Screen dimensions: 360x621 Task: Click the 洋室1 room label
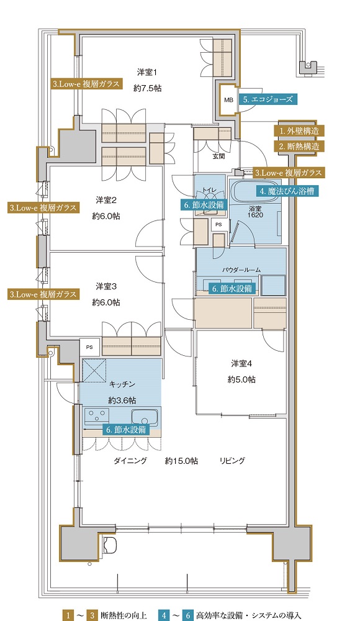click(x=147, y=72)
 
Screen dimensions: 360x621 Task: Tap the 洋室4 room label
click(x=241, y=363)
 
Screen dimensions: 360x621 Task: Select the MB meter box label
click(x=228, y=100)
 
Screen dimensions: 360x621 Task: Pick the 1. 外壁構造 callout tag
click(x=299, y=130)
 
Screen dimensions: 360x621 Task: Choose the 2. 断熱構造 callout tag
click(x=299, y=146)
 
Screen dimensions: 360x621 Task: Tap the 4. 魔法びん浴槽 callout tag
click(x=287, y=191)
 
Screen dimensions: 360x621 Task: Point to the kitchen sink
click(x=145, y=417)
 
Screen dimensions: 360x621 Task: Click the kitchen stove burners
click(x=97, y=416)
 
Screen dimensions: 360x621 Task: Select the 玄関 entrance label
click(x=218, y=156)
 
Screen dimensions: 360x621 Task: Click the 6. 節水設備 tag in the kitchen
click(x=126, y=429)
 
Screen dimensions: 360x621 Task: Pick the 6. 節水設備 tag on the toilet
click(x=204, y=205)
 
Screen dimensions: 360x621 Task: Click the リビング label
click(x=233, y=461)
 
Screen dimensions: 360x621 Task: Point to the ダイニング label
click(x=130, y=461)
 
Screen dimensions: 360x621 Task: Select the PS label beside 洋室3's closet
click(x=89, y=347)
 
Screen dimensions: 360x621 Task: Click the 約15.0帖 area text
click(x=181, y=461)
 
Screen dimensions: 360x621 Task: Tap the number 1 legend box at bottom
click(x=68, y=615)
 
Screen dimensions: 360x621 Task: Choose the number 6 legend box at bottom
click(x=187, y=615)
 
